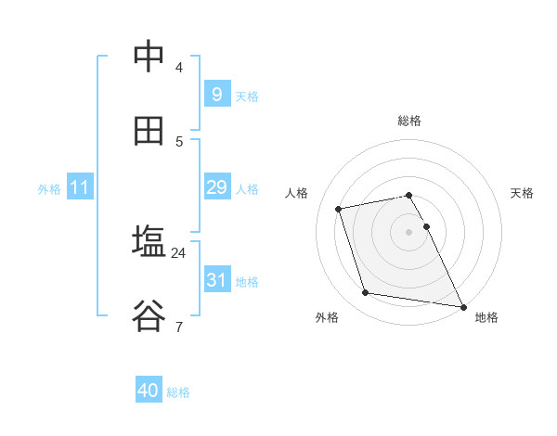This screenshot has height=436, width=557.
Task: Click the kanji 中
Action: [149, 57]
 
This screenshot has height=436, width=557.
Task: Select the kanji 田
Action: [149, 131]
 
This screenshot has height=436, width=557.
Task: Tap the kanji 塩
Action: [149, 242]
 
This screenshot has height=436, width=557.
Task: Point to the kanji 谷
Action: [149, 316]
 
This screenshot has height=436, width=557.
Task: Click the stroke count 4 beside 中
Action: [179, 67]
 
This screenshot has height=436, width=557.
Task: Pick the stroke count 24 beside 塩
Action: [179, 252]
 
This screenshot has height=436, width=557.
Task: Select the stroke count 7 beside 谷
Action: [179, 327]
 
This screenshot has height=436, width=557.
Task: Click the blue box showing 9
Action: [216, 94]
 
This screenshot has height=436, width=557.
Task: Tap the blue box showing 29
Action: [216, 187]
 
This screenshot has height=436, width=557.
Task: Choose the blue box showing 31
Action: [216, 279]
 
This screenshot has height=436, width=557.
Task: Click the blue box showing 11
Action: [80, 187]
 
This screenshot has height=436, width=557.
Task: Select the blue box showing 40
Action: [149, 391]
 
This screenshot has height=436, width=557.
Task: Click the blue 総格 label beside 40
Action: [178, 392]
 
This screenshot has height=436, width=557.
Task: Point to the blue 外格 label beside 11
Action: [49, 189]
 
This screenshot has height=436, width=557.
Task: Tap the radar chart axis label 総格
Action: [409, 121]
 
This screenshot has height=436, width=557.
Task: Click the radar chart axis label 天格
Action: [523, 193]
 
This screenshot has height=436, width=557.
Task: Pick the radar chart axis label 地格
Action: [486, 317]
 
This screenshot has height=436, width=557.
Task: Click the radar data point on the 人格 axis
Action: [339, 209]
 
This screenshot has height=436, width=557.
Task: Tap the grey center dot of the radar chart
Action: [409, 231]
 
